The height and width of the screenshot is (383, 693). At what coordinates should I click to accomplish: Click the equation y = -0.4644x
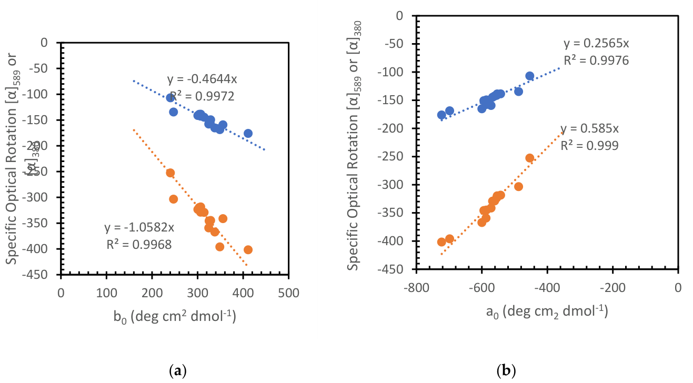pyautogui.click(x=202, y=80)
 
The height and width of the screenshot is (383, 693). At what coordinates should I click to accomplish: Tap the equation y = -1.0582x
pyautogui.click(x=139, y=228)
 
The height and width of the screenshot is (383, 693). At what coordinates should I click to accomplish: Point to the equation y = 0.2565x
pyautogui.click(x=596, y=44)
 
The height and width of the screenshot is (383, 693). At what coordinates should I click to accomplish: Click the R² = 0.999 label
pyautogui.click(x=589, y=145)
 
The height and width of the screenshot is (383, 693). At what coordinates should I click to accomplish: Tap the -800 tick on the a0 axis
pyautogui.click(x=416, y=287)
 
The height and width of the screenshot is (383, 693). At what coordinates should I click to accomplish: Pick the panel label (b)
pyautogui.click(x=506, y=370)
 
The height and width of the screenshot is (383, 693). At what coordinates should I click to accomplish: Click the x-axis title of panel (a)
pyautogui.click(x=175, y=317)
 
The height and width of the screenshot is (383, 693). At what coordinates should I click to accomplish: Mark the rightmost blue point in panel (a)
pyautogui.click(x=248, y=133)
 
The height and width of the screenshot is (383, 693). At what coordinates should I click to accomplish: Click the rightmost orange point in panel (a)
pyautogui.click(x=248, y=249)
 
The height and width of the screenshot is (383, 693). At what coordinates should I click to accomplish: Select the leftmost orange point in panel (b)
pyautogui.click(x=441, y=242)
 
